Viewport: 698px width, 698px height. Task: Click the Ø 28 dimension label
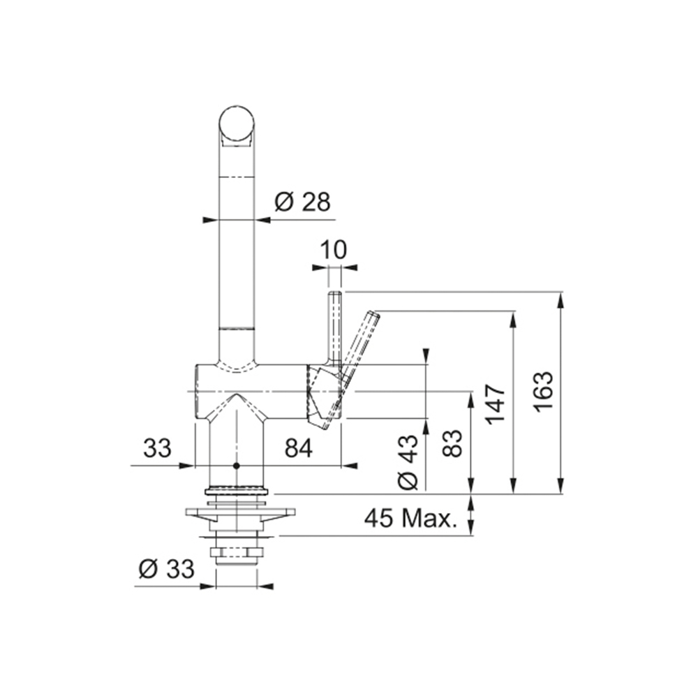point(302,202)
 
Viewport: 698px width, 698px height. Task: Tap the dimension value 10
point(333,250)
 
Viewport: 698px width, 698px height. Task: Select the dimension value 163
point(544,392)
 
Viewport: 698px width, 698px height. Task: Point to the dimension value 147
point(496,404)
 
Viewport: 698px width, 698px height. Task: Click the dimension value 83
point(453,443)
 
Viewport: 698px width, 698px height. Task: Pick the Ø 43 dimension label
point(408,462)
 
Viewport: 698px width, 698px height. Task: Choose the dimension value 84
point(299,448)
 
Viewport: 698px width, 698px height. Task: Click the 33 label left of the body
point(157,448)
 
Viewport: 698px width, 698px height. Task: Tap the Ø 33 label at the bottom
point(167,569)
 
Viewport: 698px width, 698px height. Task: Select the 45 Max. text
point(411,518)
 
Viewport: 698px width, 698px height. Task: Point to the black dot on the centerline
point(237,466)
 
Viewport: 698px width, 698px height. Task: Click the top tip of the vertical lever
point(335,292)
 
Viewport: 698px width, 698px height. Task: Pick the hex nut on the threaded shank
point(237,553)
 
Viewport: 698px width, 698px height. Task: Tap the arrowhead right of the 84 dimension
point(349,466)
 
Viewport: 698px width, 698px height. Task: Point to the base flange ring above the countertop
point(237,491)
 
